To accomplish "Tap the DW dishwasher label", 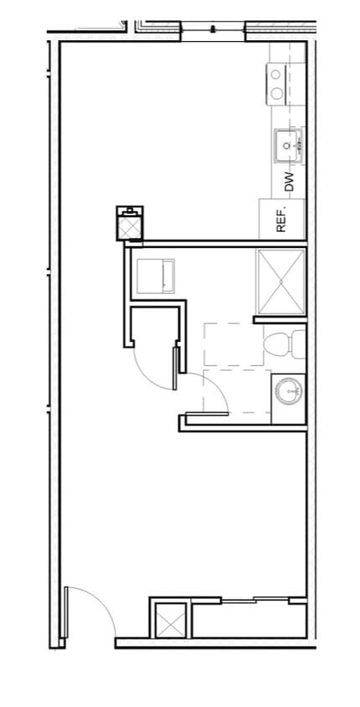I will [289, 183].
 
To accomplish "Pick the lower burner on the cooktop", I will [276, 93].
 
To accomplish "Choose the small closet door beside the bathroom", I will [176, 369].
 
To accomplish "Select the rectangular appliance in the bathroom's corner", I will [154, 276].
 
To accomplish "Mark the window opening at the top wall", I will [213, 31].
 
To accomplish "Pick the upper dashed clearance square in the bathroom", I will [226, 344].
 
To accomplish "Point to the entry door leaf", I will [64, 616].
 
